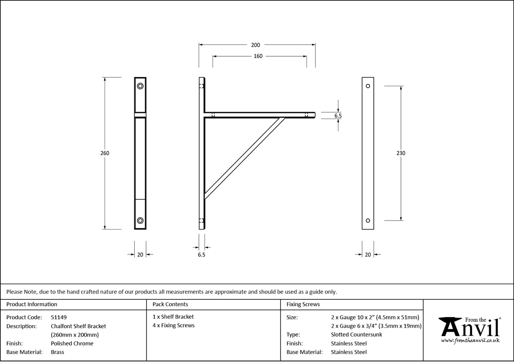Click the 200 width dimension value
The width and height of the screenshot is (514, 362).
(255, 45)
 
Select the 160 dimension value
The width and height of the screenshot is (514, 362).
(258, 56)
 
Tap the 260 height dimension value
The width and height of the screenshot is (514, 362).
(105, 153)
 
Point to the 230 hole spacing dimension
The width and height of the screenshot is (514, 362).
(401, 153)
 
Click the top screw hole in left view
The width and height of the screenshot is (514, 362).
(140, 86)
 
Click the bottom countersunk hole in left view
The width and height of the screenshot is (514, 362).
(140, 220)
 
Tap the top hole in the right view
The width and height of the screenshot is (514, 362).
(368, 86)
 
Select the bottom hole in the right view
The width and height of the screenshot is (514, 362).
(368, 220)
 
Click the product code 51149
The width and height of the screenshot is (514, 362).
(58, 317)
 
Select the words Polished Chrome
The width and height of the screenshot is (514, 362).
(72, 343)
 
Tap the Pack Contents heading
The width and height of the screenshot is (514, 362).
(170, 304)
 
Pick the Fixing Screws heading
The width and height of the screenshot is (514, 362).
(303, 304)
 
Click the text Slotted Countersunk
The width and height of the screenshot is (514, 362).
(356, 334)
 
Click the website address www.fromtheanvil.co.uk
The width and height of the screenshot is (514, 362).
(470, 340)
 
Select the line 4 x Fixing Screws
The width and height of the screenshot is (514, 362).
(174, 326)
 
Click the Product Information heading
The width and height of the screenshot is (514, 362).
(32, 304)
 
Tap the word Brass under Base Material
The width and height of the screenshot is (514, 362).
(58, 352)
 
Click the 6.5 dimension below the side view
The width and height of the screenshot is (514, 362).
(202, 254)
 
